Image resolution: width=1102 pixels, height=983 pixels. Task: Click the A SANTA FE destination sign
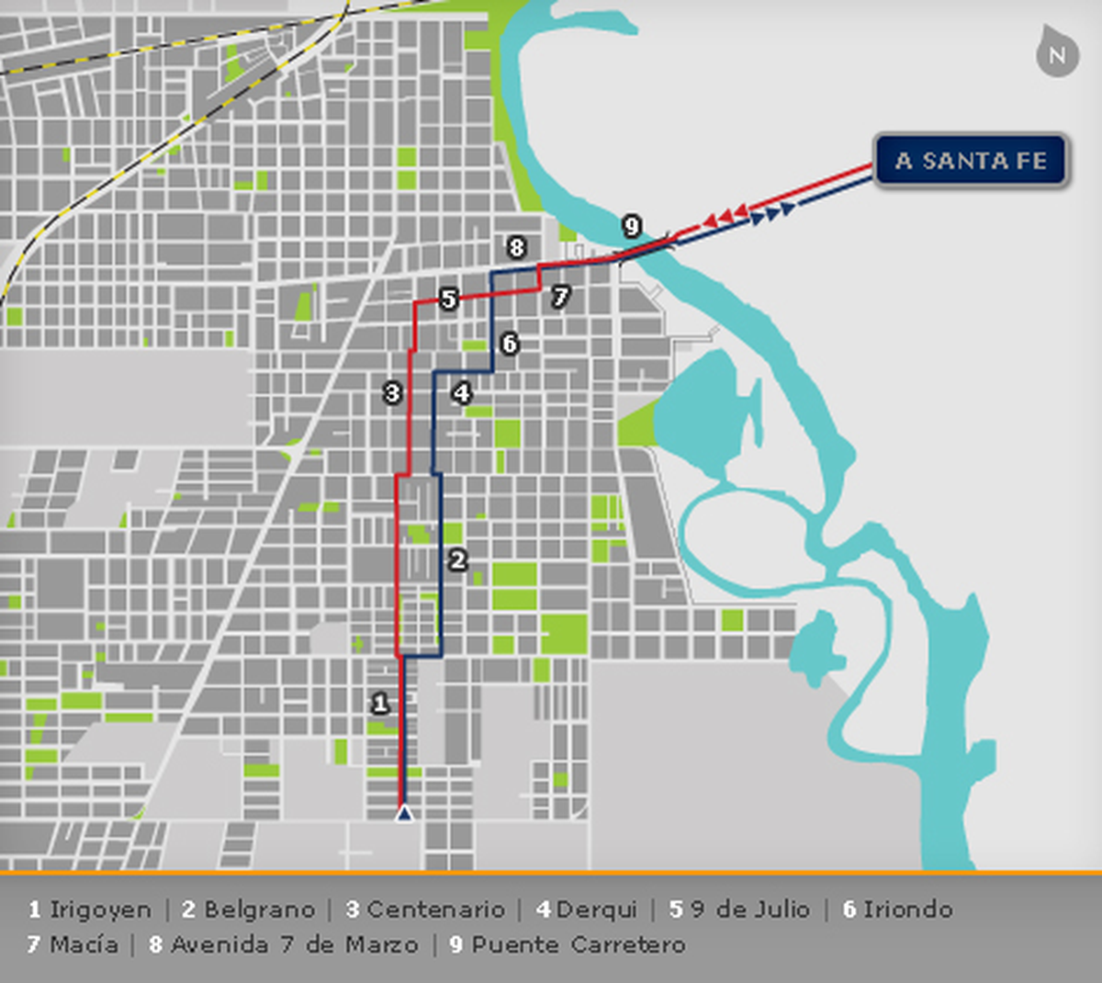[971, 161]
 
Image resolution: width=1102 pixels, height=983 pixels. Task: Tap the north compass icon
[1056, 53]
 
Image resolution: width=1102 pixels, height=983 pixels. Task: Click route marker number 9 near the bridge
[631, 226]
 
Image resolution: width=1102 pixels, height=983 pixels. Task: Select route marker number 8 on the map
[517, 246]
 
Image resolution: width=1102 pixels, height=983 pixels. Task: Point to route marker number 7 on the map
[560, 296]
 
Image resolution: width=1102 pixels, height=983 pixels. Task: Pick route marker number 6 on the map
[510, 344]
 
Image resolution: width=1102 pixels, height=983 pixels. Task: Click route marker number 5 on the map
[448, 299]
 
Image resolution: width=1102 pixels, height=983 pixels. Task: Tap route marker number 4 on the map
[461, 393]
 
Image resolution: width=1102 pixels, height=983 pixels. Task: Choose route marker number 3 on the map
[392, 393]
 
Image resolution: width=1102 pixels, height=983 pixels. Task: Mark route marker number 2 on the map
[457, 559]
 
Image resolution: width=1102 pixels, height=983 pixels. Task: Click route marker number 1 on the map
[379, 704]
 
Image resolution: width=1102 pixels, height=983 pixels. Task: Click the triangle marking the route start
[404, 812]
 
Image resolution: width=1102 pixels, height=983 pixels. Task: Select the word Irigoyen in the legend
[100, 910]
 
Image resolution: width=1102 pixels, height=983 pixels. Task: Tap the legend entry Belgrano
[259, 910]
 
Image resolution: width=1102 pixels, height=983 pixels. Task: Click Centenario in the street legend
[436, 910]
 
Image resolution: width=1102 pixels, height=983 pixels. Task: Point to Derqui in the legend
[597, 910]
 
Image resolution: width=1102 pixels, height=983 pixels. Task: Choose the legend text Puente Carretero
[579, 944]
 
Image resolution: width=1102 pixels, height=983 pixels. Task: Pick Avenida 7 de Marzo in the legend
[294, 944]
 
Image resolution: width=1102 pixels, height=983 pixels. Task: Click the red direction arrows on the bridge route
[725, 217]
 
